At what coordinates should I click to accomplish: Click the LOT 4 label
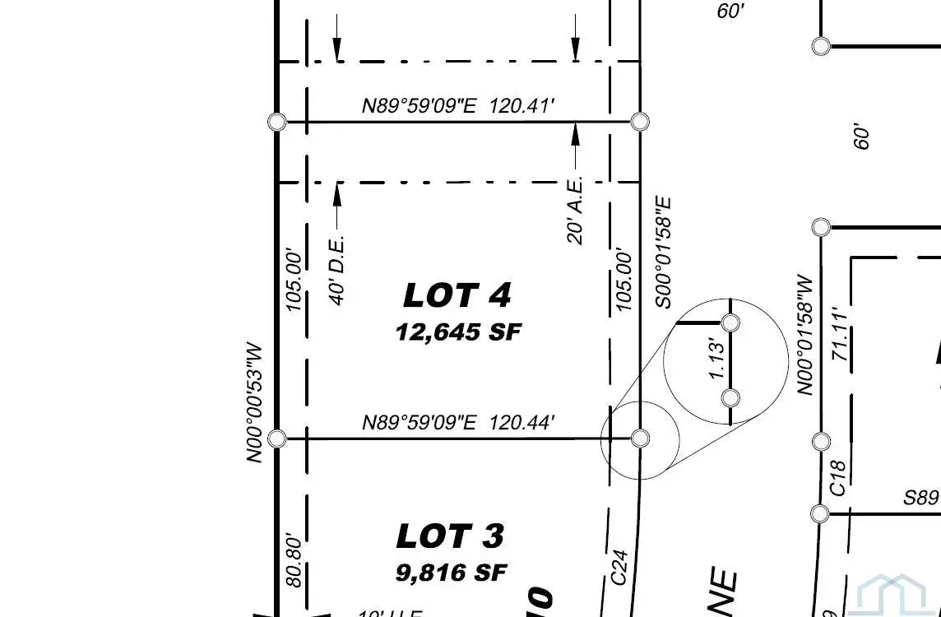point(457,295)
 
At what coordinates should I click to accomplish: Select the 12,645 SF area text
point(458,332)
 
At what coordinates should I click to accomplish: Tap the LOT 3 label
point(450,536)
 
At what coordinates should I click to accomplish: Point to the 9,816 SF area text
point(452,573)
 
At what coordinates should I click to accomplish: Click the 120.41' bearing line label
point(458,105)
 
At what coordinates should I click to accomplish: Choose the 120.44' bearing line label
point(458,423)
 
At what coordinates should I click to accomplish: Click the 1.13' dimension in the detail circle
point(717,360)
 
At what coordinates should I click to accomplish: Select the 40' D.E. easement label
point(337,271)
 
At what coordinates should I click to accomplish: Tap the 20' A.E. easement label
point(576,209)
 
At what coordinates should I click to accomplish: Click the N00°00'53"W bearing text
point(256,402)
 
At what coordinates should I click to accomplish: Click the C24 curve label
point(620,568)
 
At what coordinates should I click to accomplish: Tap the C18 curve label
point(837,477)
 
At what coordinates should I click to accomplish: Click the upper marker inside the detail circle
point(730,322)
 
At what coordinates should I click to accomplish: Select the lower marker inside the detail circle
point(730,398)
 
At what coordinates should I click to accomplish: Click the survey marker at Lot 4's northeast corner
point(641,122)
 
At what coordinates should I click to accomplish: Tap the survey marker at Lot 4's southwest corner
point(277,438)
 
